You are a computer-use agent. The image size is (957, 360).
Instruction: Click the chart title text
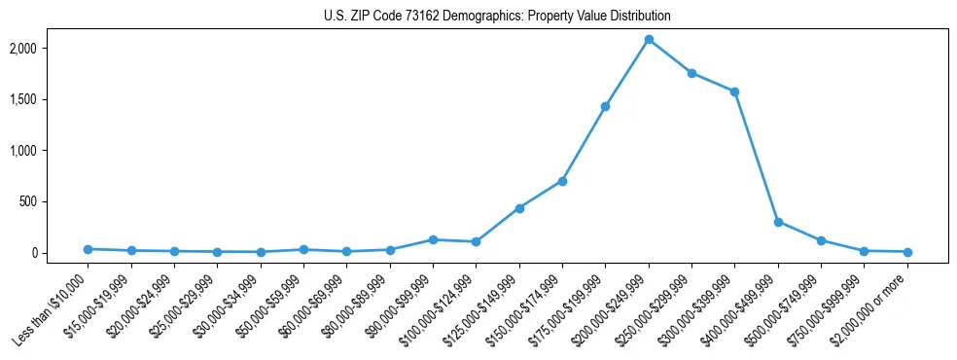click(497, 17)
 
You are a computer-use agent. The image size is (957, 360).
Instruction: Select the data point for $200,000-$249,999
click(649, 40)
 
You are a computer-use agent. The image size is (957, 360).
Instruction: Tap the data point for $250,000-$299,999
click(691, 73)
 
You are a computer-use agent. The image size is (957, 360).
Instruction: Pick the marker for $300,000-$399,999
click(734, 91)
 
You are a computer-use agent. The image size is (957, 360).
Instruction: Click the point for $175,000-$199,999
click(605, 106)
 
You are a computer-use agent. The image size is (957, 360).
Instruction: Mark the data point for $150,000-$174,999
click(562, 181)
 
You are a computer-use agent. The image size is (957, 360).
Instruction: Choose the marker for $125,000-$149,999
click(519, 208)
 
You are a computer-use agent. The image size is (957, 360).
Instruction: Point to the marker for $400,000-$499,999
click(778, 222)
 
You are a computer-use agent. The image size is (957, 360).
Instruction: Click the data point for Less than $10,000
click(88, 249)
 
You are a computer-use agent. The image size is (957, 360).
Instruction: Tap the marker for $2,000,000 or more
click(907, 252)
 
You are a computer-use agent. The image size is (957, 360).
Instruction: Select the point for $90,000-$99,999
click(433, 239)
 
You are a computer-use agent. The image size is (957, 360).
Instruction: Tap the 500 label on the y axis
click(55, 201)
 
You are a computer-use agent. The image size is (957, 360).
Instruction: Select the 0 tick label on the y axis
click(60, 253)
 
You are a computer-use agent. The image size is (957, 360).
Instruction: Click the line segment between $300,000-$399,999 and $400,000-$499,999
click(757, 157)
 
